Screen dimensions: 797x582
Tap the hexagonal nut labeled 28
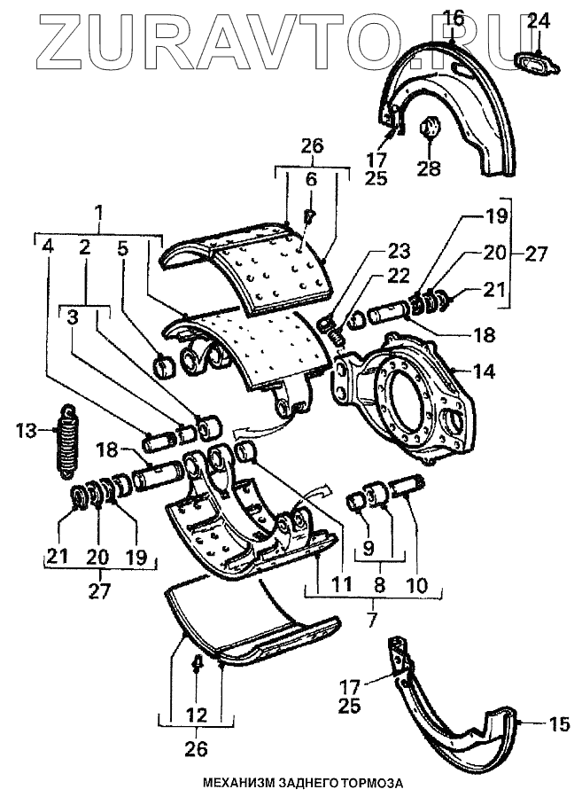[429, 129]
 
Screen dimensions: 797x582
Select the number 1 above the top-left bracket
[99, 214]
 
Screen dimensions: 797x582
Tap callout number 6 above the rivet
[311, 178]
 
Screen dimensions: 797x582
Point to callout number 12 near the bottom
[196, 714]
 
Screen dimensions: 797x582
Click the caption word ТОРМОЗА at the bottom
[364, 784]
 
